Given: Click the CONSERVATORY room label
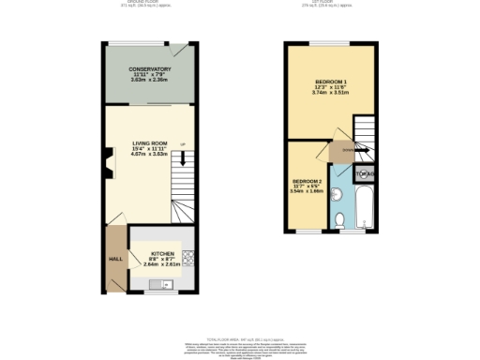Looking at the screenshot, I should [x=150, y=69].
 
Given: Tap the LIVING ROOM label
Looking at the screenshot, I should [x=149, y=142].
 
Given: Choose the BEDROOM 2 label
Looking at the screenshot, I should [x=307, y=180].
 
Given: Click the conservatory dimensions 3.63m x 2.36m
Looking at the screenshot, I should [x=150, y=81].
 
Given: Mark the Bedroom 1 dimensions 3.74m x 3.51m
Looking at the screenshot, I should [x=330, y=94].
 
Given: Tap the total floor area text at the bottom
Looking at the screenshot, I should [x=241, y=337].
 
